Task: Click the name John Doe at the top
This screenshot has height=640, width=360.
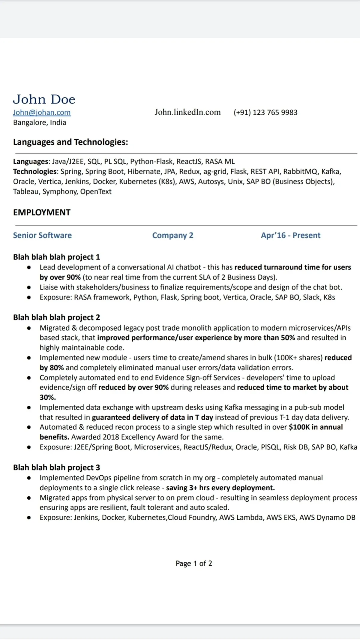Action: click(44, 99)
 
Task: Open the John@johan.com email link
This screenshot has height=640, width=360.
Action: click(42, 112)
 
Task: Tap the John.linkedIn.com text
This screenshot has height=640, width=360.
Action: click(187, 112)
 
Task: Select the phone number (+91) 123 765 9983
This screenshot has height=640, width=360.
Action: click(265, 113)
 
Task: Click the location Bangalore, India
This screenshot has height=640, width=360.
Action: click(40, 122)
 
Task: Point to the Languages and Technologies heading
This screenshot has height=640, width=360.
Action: click(70, 142)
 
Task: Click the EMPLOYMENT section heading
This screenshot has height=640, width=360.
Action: click(42, 212)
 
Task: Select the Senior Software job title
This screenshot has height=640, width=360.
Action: click(42, 235)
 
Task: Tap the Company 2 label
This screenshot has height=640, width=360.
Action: click(173, 235)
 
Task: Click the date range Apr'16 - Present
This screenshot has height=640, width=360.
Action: click(290, 235)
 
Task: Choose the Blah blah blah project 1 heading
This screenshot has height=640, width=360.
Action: click(56, 257)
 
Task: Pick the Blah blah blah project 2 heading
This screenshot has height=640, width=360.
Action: click(56, 317)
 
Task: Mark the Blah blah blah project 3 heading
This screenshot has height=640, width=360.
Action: click(56, 467)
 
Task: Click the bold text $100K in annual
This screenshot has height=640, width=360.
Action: click(316, 427)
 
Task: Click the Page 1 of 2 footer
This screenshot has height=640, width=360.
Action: click(194, 563)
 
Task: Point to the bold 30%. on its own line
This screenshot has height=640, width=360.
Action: click(48, 397)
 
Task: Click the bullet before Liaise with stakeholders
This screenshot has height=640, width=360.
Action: click(29, 287)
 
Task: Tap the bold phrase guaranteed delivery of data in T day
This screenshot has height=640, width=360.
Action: click(152, 417)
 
